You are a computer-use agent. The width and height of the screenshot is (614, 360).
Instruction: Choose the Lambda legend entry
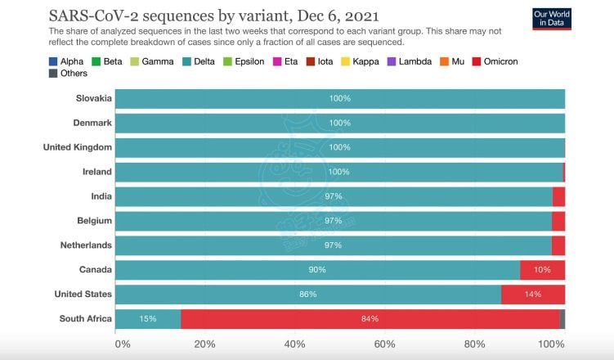(415, 61)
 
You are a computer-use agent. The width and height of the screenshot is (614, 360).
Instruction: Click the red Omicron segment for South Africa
(370, 319)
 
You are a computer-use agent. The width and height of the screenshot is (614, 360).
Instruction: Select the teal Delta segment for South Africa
(148, 319)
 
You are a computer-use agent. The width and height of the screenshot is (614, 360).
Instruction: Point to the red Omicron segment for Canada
(542, 270)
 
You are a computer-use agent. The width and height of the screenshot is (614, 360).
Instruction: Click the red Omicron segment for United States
(532, 295)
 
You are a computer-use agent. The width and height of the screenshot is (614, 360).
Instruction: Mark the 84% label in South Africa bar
(370, 319)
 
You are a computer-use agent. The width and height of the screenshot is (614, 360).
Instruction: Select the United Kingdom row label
(78, 147)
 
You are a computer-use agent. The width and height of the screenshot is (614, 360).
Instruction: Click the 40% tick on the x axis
(294, 344)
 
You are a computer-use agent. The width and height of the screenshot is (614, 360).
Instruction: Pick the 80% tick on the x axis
(474, 344)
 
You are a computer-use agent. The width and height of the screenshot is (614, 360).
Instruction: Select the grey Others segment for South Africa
(562, 319)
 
